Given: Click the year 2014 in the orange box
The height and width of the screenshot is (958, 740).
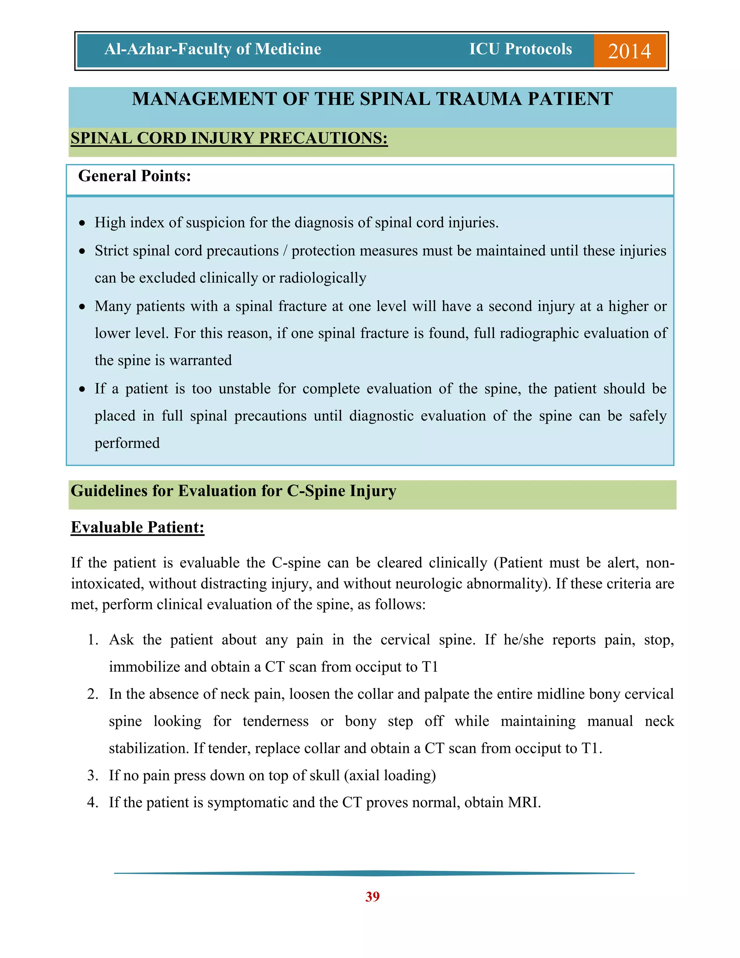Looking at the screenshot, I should coord(629,51).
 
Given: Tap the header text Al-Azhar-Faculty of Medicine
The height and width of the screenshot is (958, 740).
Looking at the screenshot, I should coord(212,49).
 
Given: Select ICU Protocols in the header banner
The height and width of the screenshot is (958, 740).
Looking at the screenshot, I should coord(520,49).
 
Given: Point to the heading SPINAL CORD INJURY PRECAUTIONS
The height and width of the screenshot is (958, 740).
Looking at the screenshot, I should coord(229,138).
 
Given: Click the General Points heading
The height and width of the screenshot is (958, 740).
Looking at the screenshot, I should coord(134,176).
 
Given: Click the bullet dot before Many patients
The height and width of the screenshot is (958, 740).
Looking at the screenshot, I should coord(82,307).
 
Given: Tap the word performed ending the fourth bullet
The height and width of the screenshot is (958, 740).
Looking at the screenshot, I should coord(127,444).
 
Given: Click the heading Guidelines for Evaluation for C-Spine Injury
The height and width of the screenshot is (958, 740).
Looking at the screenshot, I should coord(233,491).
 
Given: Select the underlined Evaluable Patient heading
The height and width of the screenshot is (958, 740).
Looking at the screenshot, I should coord(138,527).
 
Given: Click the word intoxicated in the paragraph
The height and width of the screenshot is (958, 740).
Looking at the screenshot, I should coord(107,584).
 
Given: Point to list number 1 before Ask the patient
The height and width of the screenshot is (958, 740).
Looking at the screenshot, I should coord(92,640).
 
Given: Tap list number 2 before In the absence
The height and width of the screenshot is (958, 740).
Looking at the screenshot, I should coord(92,694).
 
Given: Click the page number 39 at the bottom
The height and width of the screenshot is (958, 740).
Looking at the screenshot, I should coord(372,897).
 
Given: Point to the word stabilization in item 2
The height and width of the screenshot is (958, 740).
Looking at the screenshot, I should coord(149,749).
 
